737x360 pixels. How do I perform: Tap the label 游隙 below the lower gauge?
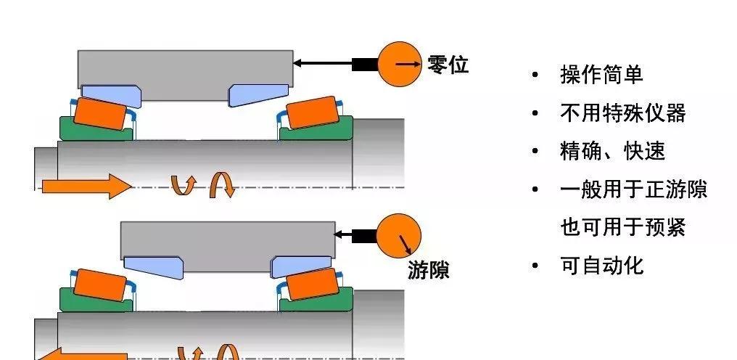[428, 271]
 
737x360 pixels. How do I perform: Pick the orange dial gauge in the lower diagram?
[398, 235]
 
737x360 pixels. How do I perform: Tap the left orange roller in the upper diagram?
[99, 112]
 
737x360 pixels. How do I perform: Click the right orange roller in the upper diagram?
[313, 112]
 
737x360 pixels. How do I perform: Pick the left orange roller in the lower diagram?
[99, 285]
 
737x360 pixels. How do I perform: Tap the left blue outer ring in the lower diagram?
[152, 266]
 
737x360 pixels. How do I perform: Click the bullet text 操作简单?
[601, 74]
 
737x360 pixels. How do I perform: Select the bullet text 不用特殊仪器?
[622, 112]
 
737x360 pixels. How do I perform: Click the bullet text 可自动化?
[601, 266]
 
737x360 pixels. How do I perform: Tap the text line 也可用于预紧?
[622, 228]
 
